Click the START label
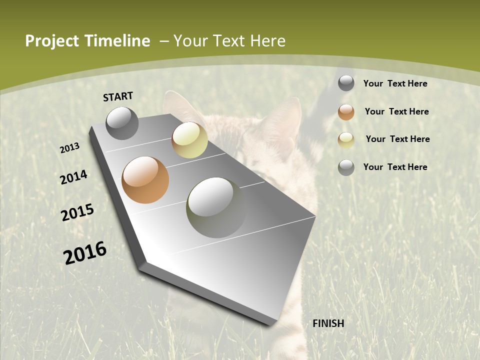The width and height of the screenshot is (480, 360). pos(118,96)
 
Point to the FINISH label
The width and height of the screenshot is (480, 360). pos(328,323)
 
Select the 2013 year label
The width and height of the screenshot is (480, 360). pos(70,148)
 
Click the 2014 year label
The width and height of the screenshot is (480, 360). pos(74,177)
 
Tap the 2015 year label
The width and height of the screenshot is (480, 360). pos(77,212)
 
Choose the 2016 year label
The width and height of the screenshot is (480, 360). pos(85,253)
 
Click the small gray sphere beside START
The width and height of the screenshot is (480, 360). pos(122,123)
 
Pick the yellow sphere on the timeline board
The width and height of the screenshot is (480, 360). pos(189,140)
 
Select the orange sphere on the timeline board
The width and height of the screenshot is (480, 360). pos(145,180)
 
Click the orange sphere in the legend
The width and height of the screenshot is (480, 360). pos(346,112)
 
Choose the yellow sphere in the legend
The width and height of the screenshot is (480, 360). pos(346,140)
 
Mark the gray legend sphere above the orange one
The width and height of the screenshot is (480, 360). pos(346,83)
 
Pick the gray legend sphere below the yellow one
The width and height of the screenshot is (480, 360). pos(346,167)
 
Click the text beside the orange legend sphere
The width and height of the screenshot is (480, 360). pos(396,111)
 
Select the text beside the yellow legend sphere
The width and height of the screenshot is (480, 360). pos(397,139)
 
